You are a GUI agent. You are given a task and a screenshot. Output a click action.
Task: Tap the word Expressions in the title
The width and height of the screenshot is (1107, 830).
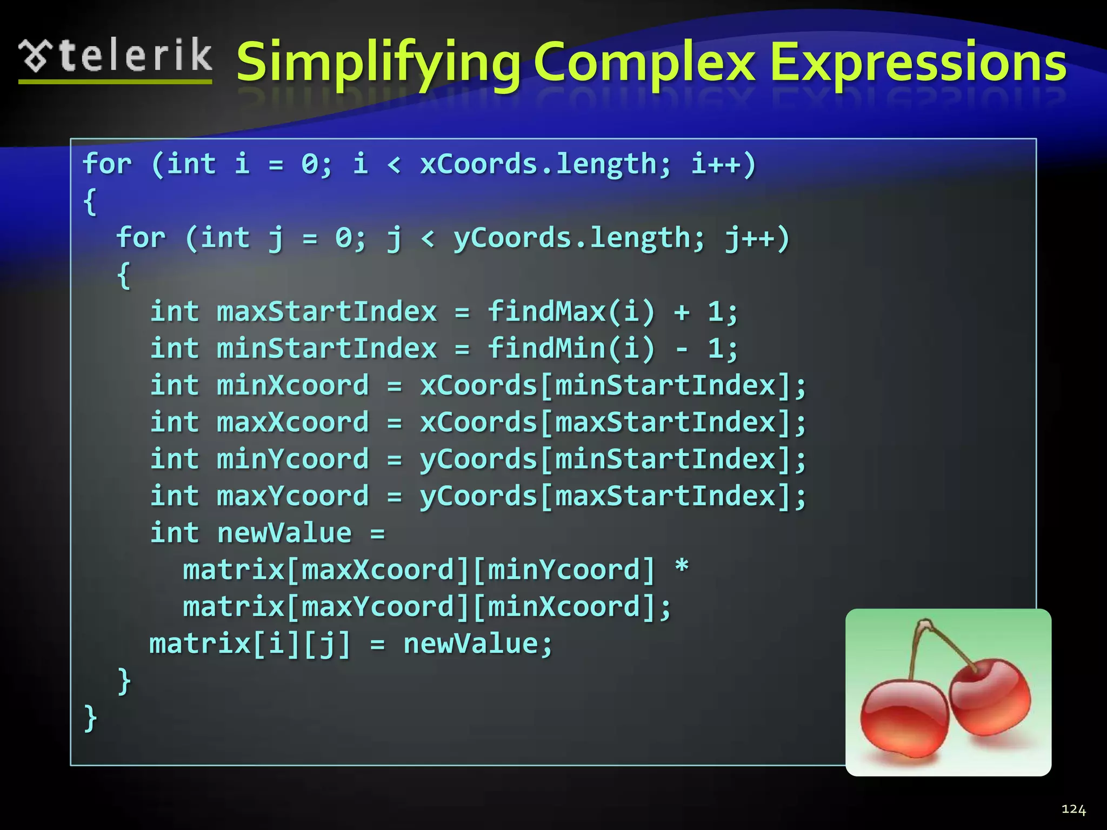point(918,63)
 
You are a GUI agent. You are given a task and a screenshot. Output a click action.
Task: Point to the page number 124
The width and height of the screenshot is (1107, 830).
point(1073,809)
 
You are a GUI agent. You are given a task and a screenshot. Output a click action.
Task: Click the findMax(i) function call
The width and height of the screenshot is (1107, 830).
point(571,312)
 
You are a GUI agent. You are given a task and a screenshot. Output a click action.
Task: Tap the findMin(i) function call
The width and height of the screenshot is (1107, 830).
point(571,349)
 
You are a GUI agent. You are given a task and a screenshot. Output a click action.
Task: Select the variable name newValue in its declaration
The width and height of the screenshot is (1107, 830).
point(284,533)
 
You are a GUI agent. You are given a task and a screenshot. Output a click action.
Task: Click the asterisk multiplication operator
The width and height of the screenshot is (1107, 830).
point(682,568)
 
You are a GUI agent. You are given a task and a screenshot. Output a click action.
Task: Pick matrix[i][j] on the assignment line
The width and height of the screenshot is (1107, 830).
point(250,644)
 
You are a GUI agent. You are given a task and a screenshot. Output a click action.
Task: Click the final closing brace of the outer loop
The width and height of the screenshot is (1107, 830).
point(91,718)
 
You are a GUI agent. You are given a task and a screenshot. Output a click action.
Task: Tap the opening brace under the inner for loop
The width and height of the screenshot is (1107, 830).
point(124,276)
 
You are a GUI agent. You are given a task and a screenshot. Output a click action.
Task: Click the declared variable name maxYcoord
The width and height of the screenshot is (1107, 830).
point(292,497)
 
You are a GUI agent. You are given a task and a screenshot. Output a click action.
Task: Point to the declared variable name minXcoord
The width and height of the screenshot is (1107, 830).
point(292,386)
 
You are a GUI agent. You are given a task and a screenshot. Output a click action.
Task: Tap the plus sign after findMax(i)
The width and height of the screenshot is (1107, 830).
point(682,312)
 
